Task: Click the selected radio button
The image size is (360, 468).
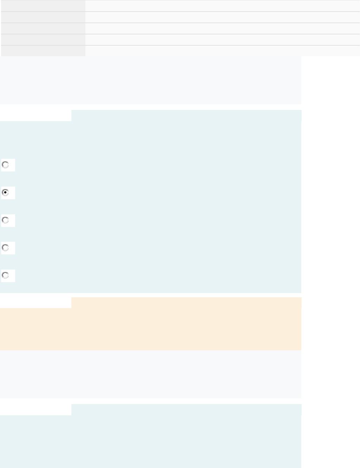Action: tap(5, 193)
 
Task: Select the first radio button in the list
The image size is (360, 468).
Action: tap(5, 165)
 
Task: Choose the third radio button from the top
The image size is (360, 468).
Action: tap(5, 220)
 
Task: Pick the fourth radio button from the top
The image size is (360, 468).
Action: tap(5, 248)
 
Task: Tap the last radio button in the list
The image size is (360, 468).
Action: tap(5, 275)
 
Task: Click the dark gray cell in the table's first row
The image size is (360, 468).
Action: tap(43, 6)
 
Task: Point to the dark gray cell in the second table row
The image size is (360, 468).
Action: tap(43, 17)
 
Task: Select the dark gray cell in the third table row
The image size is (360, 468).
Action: tap(43, 28)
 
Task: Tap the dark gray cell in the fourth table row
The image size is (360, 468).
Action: tap(43, 40)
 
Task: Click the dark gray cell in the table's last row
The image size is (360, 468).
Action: tap(43, 51)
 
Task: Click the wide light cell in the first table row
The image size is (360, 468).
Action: tap(222, 6)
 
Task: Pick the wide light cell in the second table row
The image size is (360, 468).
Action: tap(222, 17)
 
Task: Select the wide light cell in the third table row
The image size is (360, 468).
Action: tap(222, 28)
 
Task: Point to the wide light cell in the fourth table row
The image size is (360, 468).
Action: tap(222, 40)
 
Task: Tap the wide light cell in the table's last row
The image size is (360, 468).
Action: tap(222, 51)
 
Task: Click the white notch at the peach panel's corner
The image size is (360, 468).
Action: tap(36, 303)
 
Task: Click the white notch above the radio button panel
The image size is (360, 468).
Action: tap(36, 116)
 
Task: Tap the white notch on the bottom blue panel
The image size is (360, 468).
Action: tap(36, 409)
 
